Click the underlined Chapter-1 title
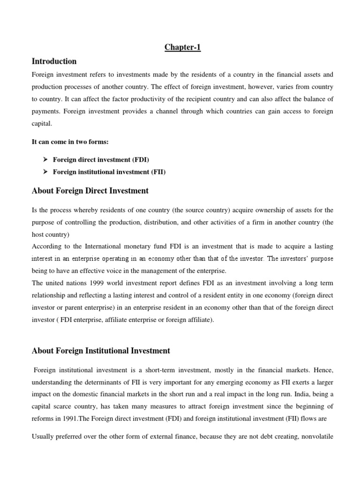coord(182,47)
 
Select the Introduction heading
coord(54,61)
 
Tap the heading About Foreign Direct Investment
coord(90,191)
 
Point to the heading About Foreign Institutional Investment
coord(100,351)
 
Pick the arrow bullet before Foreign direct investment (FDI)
coord(46,160)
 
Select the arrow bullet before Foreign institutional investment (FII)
coord(46,172)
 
